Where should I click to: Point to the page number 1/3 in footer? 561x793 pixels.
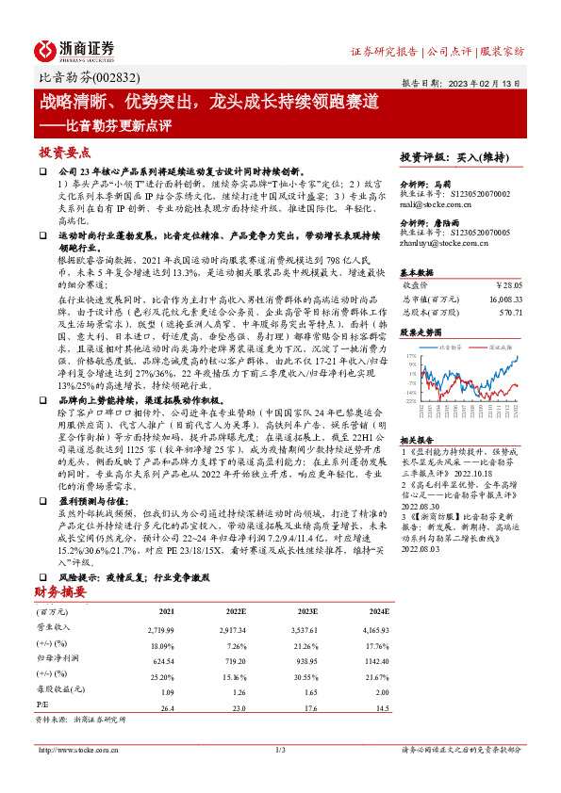click(x=280, y=751)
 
